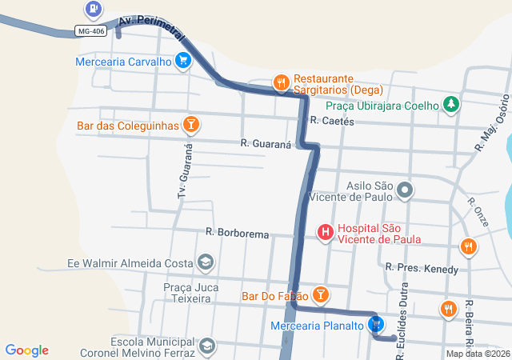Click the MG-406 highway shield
tap(90, 31)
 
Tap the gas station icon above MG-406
tap(94, 9)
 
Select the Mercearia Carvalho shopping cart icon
tap(183, 60)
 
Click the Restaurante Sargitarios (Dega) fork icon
tap(281, 82)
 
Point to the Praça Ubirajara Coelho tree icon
tap(451, 105)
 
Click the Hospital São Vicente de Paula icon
tap(326, 233)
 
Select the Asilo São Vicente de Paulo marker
tap(405, 190)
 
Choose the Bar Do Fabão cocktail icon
tap(320, 295)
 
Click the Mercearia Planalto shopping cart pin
tap(375, 324)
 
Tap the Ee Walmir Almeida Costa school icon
tap(206, 262)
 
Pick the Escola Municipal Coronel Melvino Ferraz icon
tap(206, 346)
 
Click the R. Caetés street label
tap(332, 121)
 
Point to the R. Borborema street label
tap(238, 232)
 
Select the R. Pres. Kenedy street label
tap(422, 267)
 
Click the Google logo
tap(26, 350)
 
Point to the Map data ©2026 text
tap(477, 354)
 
